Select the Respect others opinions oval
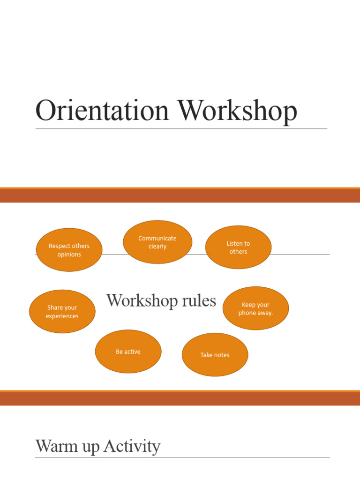[69, 250]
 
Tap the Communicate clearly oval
[157, 242]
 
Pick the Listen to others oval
[238, 247]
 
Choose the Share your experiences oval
[62, 312]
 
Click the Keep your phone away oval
[255, 308]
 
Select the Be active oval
[128, 352]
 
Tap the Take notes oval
[215, 355]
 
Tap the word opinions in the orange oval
[69, 255]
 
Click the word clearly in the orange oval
[157, 247]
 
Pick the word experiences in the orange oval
[62, 316]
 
